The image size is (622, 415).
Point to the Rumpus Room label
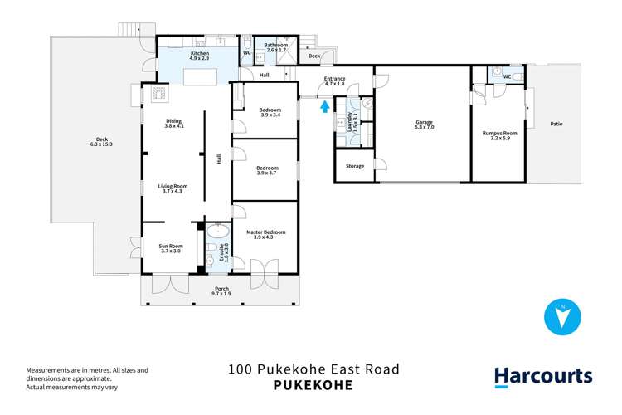tap(499, 135)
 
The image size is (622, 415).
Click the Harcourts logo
tap(543, 376)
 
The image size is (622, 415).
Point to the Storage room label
tap(355, 166)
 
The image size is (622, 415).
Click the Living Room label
tap(173, 189)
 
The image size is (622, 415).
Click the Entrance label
tap(335, 81)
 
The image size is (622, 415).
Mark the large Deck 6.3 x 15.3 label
tap(103, 142)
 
